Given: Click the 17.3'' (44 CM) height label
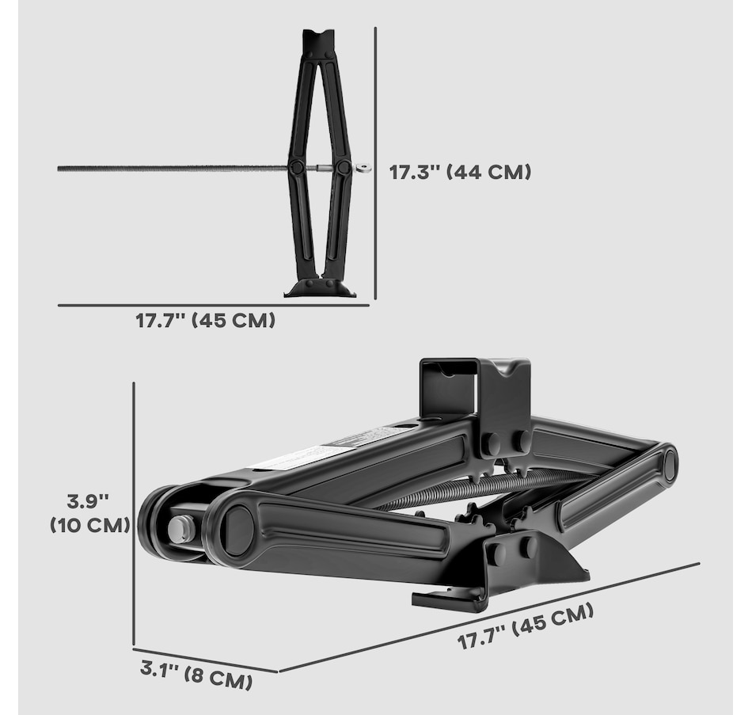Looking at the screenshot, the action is [460, 172].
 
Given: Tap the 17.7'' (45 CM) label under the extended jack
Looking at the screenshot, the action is [205, 320].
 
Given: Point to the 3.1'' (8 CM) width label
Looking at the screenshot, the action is [196, 674].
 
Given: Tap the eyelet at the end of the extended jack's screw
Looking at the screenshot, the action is [363, 168].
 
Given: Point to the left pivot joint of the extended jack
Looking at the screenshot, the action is [296, 168].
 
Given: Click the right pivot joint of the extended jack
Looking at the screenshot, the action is [344, 168].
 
